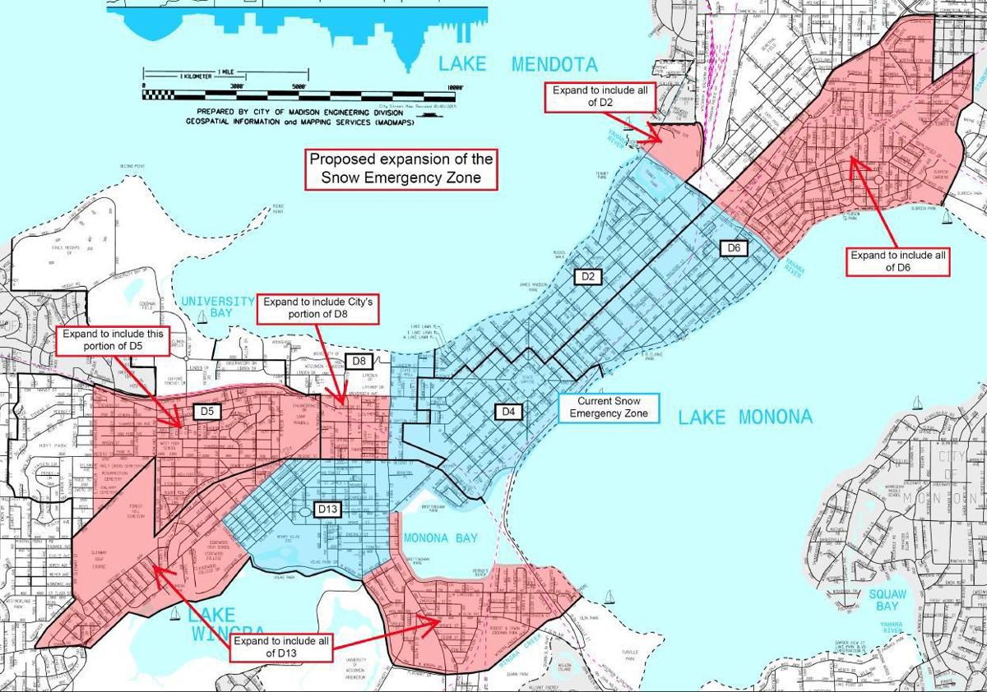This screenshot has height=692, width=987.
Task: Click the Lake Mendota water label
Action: [x=519, y=64]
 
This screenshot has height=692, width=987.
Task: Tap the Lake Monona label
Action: [x=745, y=417]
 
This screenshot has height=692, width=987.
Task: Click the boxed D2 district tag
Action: [x=587, y=276]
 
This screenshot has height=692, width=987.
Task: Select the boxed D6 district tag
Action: [x=734, y=247]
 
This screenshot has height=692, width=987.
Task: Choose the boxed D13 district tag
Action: [x=328, y=510]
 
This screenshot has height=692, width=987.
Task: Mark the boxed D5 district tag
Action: [x=206, y=410]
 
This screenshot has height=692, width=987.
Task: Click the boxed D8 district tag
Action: [x=359, y=361]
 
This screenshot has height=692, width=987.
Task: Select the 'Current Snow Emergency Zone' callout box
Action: [x=609, y=407]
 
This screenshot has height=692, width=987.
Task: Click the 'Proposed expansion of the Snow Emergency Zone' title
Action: [x=401, y=168]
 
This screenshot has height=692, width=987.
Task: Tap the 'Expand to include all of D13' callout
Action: [x=281, y=647]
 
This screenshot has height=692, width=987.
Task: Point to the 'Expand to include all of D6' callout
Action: [x=898, y=261]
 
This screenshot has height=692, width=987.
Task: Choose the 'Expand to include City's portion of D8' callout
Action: [x=318, y=309]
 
